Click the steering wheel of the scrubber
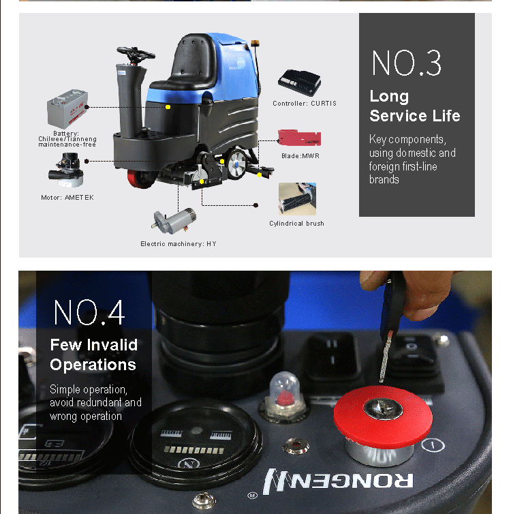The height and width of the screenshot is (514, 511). [x=136, y=54]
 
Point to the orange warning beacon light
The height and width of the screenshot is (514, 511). [x=255, y=43]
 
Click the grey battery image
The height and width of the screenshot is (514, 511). [x=67, y=108]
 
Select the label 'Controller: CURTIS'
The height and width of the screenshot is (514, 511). [x=305, y=103]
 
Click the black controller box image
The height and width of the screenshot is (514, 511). [x=299, y=82]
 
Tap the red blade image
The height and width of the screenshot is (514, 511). [x=299, y=138]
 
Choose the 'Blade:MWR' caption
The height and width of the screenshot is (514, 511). [x=300, y=155]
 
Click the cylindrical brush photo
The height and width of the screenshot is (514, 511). [x=298, y=199]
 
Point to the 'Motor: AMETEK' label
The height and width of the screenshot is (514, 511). [x=67, y=197]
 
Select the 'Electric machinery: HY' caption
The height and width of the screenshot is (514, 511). [x=179, y=243]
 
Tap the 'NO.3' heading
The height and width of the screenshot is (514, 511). [x=407, y=63]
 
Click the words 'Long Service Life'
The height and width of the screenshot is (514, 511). [x=415, y=106]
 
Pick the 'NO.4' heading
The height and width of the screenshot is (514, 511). [x=89, y=312]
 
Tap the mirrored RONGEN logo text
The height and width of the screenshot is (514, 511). [x=338, y=481]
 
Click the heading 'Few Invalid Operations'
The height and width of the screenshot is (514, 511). [x=94, y=354]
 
